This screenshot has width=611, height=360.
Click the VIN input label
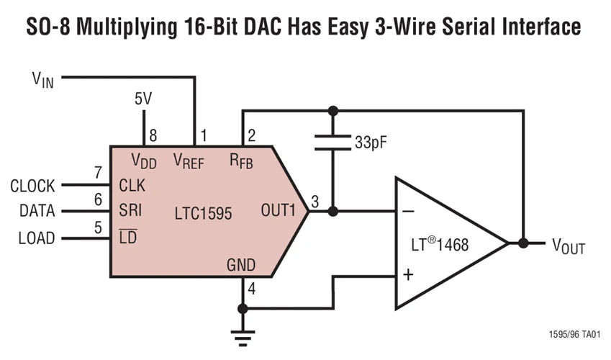coord(42,78)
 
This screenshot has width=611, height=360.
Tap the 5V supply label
coord(143,99)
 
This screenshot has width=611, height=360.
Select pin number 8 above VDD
coord(153,135)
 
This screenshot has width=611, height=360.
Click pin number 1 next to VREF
coord(204,135)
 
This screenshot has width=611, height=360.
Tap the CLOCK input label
coord(32,186)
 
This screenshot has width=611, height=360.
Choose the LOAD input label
coord(37,238)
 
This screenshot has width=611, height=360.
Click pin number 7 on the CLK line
coord(99,174)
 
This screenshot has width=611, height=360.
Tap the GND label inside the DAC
coord(240,265)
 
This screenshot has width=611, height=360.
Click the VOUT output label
coord(568,247)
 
